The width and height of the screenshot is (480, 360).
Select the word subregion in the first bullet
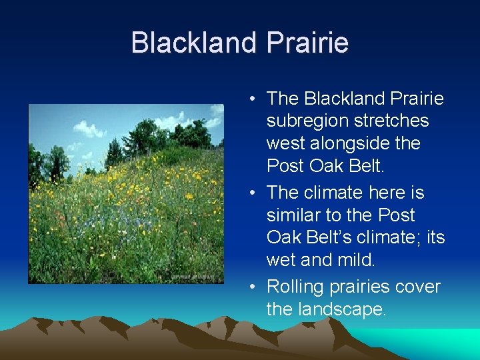(306, 121)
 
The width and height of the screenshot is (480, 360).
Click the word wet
(281, 261)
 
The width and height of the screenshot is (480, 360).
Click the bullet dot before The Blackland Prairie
(254, 99)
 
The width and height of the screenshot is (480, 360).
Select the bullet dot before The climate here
(254, 193)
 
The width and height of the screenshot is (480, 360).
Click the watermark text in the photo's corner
(193, 277)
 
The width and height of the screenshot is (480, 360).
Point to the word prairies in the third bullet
(360, 287)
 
